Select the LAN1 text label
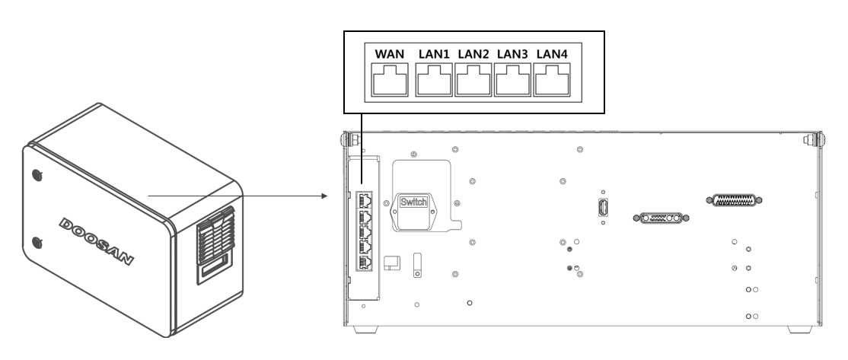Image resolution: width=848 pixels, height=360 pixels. pos(434,54)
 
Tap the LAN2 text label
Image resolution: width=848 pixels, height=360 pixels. pos(473,54)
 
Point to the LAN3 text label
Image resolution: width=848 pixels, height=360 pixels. pos(512,54)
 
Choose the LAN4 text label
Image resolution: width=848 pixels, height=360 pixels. pos(551,54)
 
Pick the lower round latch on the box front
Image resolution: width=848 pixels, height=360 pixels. pos(37,245)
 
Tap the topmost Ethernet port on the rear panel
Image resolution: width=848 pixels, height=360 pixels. pos(365,200)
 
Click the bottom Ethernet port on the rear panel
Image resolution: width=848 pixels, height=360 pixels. pos(365,262)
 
